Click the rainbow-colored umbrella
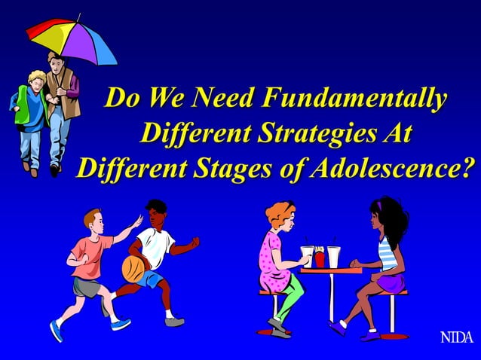(x=71, y=38)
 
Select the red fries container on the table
(x=320, y=258)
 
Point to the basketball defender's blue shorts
(x=151, y=279)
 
